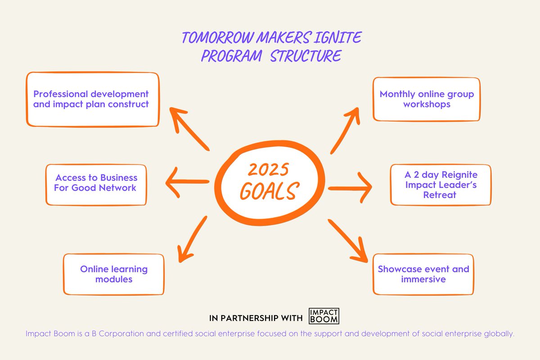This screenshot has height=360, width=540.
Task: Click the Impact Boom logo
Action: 324,316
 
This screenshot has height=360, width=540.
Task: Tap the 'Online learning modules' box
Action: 113,274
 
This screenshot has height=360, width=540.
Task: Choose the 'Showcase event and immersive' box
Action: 423,274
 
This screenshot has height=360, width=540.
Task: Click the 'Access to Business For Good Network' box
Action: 95,183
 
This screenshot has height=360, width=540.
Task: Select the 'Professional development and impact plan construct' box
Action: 92,99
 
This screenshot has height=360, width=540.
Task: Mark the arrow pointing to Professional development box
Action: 189,130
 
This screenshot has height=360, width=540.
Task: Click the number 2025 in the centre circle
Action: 268,171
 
